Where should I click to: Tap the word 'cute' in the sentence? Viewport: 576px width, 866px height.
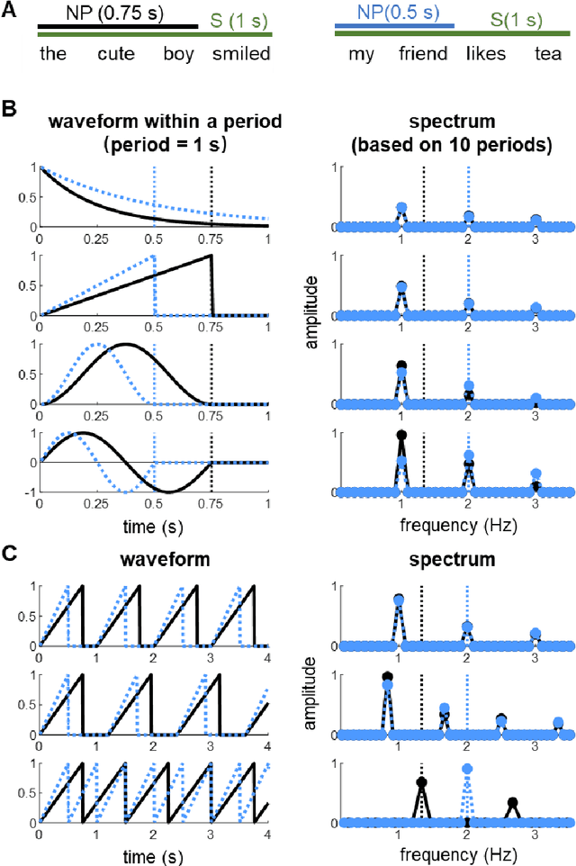(x=116, y=54)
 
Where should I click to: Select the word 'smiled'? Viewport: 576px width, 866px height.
(x=241, y=54)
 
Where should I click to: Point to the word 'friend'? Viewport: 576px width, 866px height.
(x=423, y=54)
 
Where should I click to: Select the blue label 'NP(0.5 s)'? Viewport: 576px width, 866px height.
(x=394, y=14)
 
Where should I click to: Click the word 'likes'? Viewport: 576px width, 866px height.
(x=486, y=54)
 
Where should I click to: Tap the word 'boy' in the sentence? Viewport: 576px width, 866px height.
(x=178, y=54)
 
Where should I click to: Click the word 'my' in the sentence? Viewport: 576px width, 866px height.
(x=361, y=54)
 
